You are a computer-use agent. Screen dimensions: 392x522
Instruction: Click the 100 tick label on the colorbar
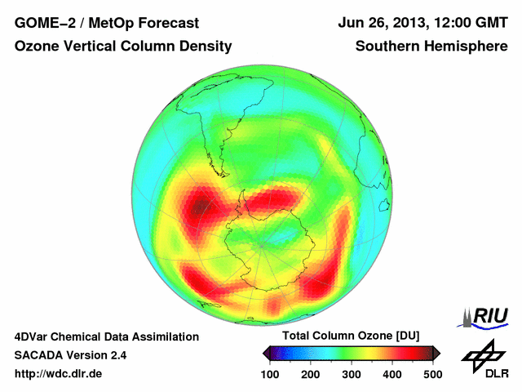point(270,374)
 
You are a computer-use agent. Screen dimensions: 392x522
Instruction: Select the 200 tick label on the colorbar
point(311,374)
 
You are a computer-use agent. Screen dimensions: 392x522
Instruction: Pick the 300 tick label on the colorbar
point(352,374)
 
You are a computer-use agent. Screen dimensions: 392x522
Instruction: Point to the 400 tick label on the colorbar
point(392,374)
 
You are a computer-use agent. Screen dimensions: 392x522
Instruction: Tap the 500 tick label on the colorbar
point(432,374)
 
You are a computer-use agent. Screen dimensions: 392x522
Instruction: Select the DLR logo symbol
point(484,354)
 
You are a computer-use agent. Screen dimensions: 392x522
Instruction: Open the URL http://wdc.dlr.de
point(59,374)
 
